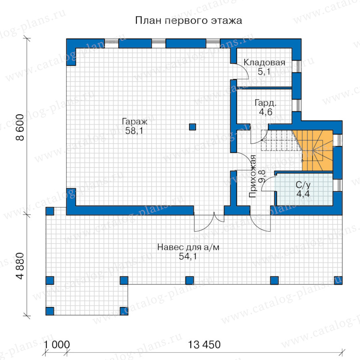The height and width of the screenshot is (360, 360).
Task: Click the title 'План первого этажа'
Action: pos(188,20)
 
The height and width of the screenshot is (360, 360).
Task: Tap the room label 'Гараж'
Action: pos(134,122)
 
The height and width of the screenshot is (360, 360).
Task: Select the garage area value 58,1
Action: pos(134,131)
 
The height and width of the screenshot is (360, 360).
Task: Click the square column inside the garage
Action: pos(192,127)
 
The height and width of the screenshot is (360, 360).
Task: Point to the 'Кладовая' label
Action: pos(264,62)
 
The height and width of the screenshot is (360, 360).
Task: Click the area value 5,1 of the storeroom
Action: pos(264,72)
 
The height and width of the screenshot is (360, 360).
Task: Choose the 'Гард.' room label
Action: pos(266,103)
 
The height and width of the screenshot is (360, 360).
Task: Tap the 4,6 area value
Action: pos(266,112)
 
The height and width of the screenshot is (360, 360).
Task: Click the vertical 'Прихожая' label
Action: pos(252,176)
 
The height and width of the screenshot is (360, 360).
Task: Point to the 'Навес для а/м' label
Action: pos(188,247)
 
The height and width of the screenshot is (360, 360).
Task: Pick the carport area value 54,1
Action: pos(188,256)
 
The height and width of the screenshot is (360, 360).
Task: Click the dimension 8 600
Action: pos(20,128)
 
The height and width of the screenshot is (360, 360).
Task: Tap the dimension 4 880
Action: pos(20,266)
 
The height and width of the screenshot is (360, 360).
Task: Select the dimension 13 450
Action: pos(204,345)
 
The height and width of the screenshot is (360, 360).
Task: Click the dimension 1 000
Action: pos(57,345)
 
